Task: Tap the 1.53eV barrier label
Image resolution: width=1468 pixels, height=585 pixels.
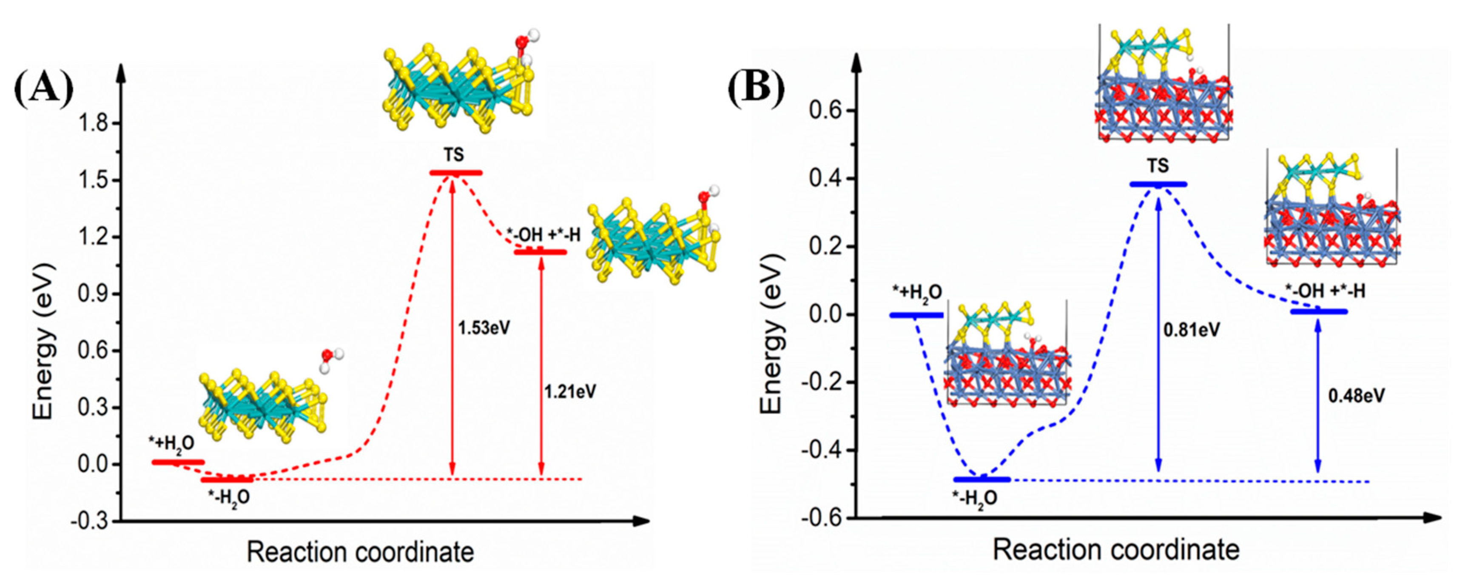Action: click(484, 328)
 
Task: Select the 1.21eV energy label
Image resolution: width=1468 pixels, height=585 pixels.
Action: click(570, 392)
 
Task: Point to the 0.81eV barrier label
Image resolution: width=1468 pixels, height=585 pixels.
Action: click(1192, 330)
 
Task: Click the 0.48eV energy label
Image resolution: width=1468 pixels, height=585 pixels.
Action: click(1356, 395)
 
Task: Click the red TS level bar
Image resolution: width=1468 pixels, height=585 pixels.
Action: click(456, 173)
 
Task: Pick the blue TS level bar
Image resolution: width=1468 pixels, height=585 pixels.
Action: click(1158, 184)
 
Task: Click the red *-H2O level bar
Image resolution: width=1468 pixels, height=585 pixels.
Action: click(226, 480)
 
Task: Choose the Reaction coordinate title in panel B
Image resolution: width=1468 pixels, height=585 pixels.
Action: click(1116, 550)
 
